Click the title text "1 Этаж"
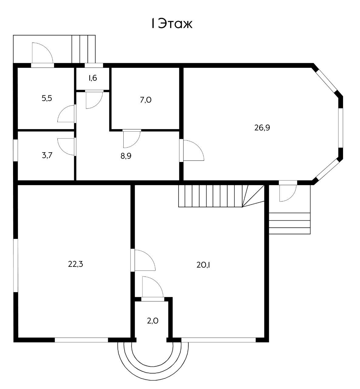point(172,24)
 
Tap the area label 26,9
point(262,128)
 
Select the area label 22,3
point(75,264)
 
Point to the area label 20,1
point(204,265)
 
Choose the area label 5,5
point(47,98)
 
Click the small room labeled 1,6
point(93,78)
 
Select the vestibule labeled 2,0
point(153,320)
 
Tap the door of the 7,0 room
point(131,138)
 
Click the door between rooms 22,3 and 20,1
point(143,260)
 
